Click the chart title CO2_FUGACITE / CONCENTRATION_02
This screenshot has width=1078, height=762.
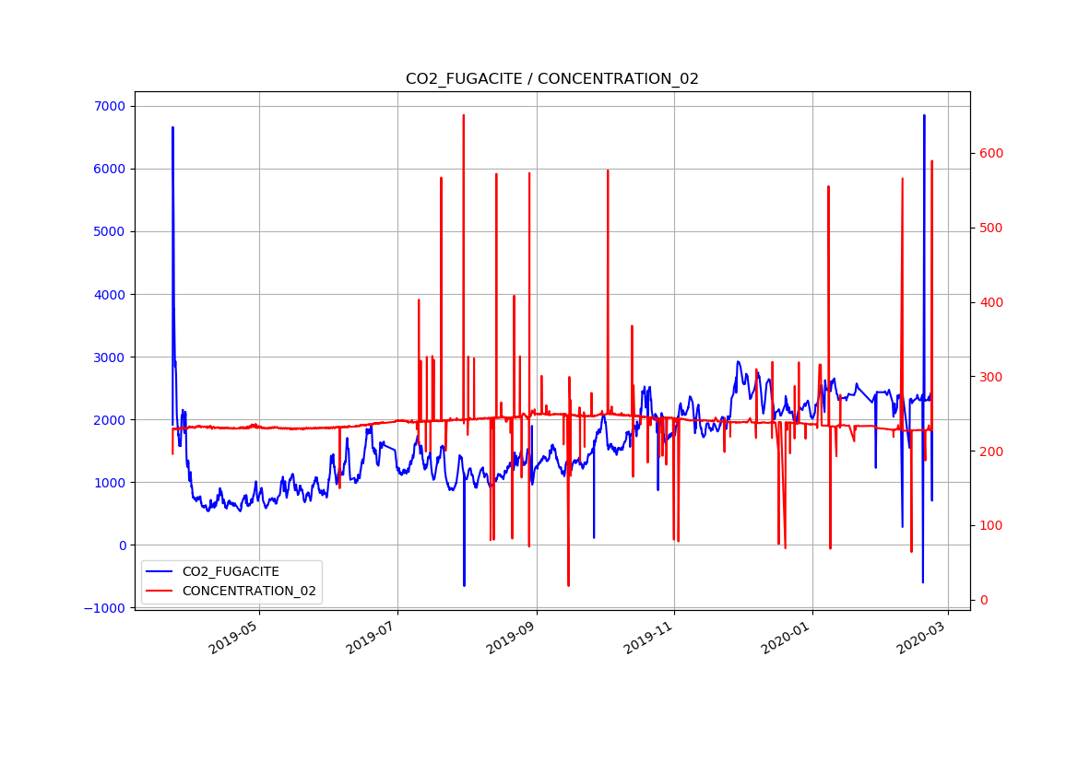551,79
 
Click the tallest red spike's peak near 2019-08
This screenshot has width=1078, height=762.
463,115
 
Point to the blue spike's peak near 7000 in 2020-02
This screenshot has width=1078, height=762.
924,116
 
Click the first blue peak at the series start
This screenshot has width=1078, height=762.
172,127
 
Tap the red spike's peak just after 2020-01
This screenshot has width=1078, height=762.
828,186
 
